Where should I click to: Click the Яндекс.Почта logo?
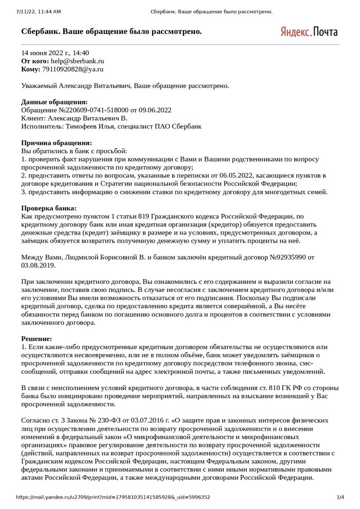point(309,31)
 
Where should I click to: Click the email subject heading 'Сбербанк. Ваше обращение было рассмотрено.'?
point(112,32)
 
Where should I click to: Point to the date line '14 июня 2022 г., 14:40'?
point(55,52)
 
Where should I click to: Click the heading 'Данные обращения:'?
point(54,102)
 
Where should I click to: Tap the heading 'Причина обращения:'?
point(57,143)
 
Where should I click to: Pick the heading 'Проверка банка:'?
point(49,208)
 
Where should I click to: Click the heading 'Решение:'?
point(37,339)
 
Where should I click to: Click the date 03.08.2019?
point(38,265)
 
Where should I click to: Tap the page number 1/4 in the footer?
point(340,497)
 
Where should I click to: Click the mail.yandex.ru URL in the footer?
point(113,497)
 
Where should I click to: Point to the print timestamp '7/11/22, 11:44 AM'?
point(39,11)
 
